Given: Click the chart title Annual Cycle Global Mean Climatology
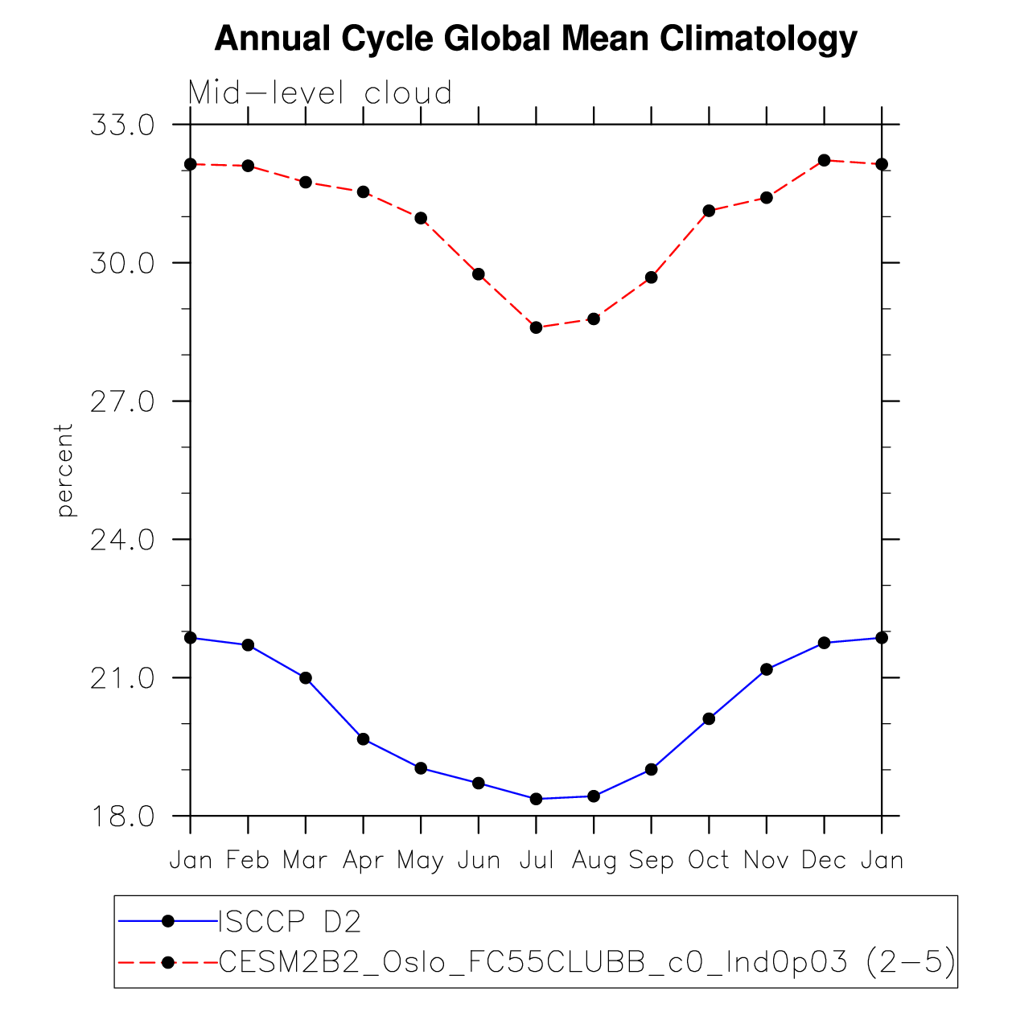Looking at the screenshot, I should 536,39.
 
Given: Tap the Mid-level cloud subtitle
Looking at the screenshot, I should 319,93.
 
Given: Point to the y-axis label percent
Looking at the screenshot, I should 64,470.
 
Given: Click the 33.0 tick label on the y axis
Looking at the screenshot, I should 122,125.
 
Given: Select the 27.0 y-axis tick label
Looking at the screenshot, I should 122,401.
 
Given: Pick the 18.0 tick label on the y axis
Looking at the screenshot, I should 122,817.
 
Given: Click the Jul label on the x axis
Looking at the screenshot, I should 537,860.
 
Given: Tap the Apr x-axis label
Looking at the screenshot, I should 363,861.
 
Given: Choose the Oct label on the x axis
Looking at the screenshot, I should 709,860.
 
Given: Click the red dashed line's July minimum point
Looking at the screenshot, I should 537,327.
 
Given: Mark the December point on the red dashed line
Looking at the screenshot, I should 824,160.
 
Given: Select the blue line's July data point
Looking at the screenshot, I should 537,799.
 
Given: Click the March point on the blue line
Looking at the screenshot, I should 306,678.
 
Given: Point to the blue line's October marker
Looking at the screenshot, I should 709,718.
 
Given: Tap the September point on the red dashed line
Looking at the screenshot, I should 652,278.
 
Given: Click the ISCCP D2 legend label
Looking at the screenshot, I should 290,922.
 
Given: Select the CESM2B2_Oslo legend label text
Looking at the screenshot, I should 587,961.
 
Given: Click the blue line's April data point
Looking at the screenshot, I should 364,739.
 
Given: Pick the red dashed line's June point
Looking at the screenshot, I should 479,274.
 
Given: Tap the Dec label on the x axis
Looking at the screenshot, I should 824,860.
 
